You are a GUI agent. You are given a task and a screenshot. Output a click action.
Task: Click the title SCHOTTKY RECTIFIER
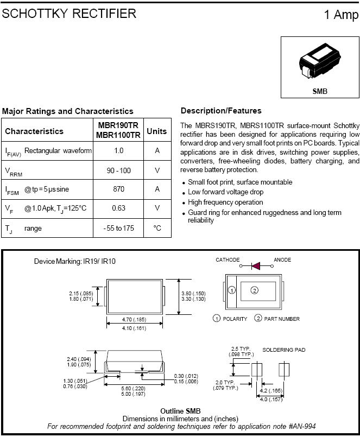coord(69,14)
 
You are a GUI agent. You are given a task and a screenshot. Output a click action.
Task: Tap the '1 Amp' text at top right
coord(341,15)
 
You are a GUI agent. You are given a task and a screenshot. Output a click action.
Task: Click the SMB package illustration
coord(320,64)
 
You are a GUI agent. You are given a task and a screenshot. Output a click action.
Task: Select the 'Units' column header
coord(157,131)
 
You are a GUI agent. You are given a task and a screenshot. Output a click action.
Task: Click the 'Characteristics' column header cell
coord(34,131)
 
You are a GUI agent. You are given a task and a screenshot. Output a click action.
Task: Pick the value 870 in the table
coord(119,189)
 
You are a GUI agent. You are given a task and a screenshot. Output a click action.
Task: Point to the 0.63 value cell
coord(119,208)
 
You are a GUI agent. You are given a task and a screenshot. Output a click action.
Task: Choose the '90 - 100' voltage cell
coord(119,170)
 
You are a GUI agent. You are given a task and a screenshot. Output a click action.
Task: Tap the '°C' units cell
coord(157,228)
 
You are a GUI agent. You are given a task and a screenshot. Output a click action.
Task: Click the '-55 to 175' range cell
coord(118,228)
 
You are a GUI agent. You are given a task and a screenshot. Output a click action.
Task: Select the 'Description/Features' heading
coord(221,111)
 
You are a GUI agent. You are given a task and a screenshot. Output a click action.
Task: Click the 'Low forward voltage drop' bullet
coord(225,192)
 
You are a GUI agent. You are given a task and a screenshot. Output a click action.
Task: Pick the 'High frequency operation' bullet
coord(225,202)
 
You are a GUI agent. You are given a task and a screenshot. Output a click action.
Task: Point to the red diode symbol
coord(256,265)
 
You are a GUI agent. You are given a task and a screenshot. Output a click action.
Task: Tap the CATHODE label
coord(228,260)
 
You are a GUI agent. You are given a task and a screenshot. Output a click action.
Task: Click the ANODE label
coord(282,260)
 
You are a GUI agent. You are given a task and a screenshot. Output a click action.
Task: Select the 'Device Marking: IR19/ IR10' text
coord(74,261)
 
